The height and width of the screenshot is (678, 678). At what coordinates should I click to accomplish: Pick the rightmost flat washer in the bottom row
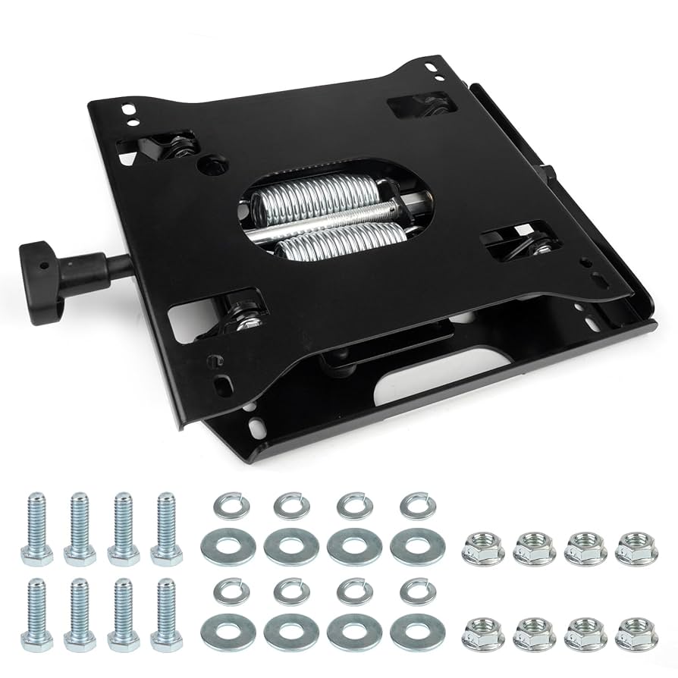[417, 629]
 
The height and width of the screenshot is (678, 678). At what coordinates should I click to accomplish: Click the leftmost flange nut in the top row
[480, 546]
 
